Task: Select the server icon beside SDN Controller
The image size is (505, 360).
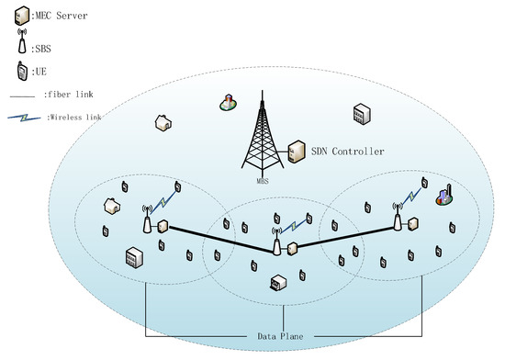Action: [296, 150]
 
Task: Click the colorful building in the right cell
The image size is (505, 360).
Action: [444, 197]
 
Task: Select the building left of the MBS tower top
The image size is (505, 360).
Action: [226, 103]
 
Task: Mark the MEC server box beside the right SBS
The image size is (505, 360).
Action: [414, 222]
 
